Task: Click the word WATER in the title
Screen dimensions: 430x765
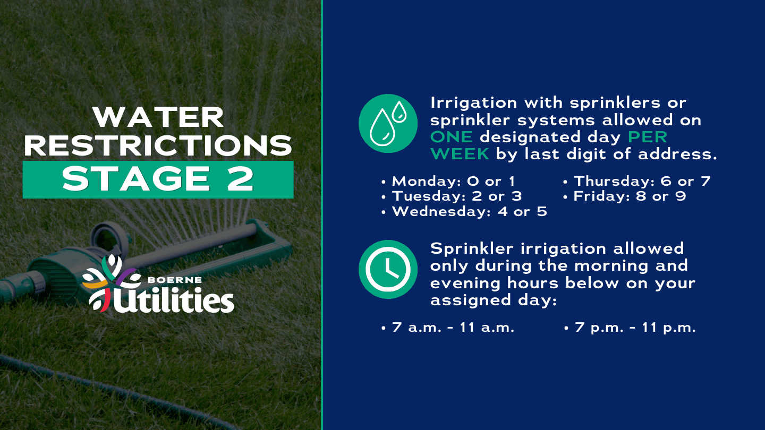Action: [x=158, y=118]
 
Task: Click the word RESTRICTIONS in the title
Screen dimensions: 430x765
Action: [x=158, y=145]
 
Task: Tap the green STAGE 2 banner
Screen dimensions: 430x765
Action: [x=158, y=179]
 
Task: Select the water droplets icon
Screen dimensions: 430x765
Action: [x=388, y=123]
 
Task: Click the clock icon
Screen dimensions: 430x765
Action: [x=388, y=269]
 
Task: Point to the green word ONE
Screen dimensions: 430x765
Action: [x=451, y=137]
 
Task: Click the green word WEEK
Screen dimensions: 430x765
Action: [x=460, y=154]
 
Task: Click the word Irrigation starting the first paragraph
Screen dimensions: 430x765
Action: [x=466, y=102]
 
